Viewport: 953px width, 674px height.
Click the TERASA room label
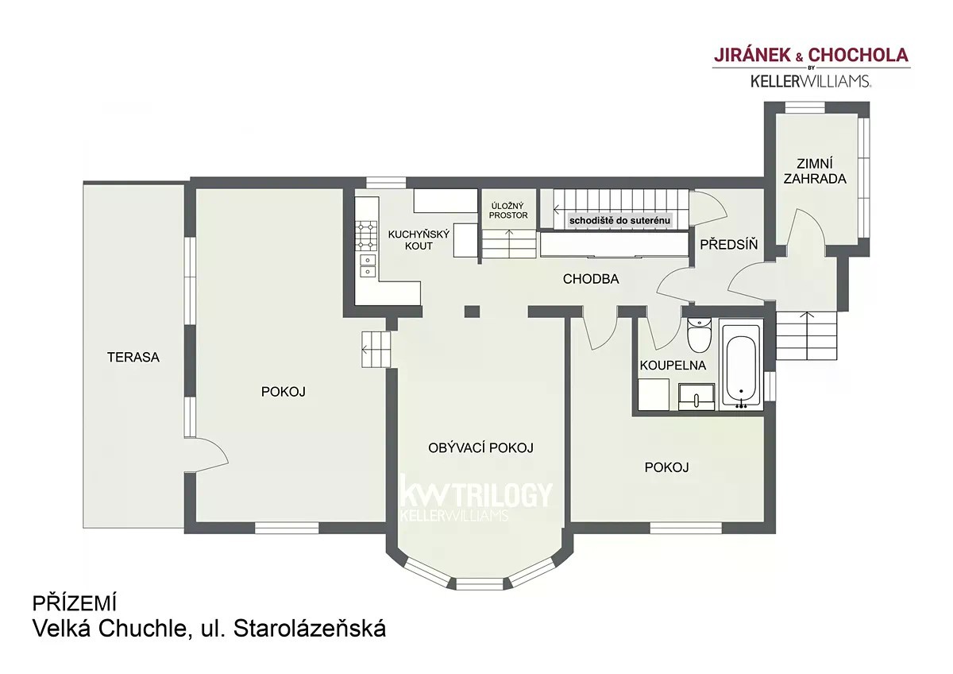[133, 357]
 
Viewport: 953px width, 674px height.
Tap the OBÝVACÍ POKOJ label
[480, 448]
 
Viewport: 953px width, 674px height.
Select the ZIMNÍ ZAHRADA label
[815, 171]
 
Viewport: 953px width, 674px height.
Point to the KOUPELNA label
[673, 366]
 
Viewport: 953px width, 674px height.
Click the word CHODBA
[591, 279]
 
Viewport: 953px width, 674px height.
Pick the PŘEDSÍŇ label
[729, 244]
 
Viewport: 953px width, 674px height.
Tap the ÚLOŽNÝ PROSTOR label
[508, 211]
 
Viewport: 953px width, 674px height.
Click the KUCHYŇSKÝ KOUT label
[419, 239]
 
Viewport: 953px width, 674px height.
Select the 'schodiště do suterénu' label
[620, 220]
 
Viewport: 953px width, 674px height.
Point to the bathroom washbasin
[696, 397]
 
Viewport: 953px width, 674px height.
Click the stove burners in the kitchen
[366, 235]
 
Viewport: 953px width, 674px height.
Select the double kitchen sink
[368, 265]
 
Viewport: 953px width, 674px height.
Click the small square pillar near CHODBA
[472, 312]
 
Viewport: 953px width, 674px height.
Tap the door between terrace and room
[206, 455]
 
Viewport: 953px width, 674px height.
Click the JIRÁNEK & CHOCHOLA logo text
[811, 56]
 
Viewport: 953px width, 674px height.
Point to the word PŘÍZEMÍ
[75, 603]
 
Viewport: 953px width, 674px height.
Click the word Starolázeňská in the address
[310, 629]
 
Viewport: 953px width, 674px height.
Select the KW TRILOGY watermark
[476, 498]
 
